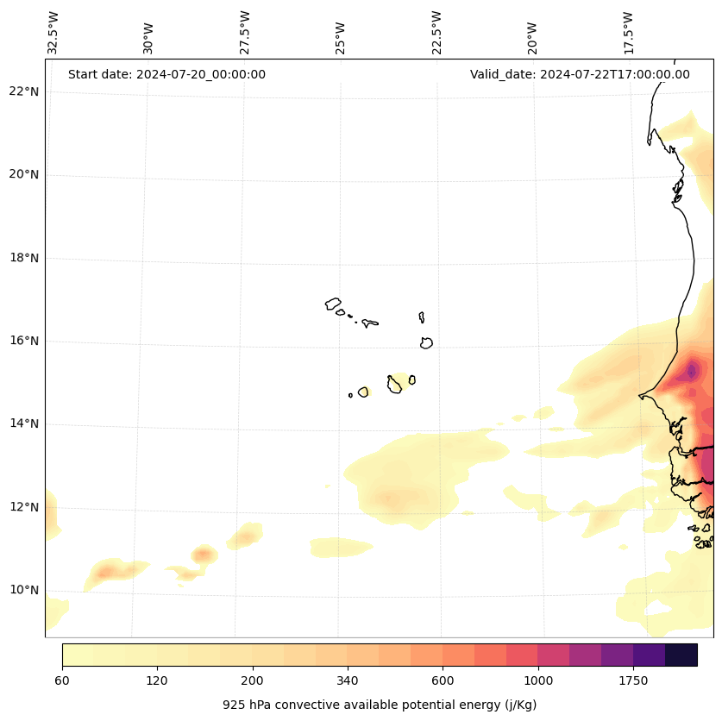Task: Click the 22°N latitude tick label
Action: (24, 92)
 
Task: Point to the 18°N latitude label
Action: (24, 258)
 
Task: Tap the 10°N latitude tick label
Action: (24, 590)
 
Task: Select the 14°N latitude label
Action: (24, 423)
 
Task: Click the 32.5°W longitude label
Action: (53, 33)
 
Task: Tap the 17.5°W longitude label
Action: (628, 33)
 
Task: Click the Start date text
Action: (166, 74)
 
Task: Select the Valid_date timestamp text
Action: (580, 74)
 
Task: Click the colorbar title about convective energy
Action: (380, 705)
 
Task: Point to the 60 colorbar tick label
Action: (62, 681)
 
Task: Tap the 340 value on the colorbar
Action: (348, 681)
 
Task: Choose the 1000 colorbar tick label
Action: (538, 681)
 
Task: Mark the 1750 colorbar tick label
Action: (633, 681)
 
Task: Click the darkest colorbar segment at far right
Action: (681, 655)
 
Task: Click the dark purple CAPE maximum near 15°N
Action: (692, 372)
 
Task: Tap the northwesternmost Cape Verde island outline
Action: (333, 304)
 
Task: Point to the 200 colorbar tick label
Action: (253, 681)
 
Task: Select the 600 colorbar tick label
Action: (443, 681)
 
